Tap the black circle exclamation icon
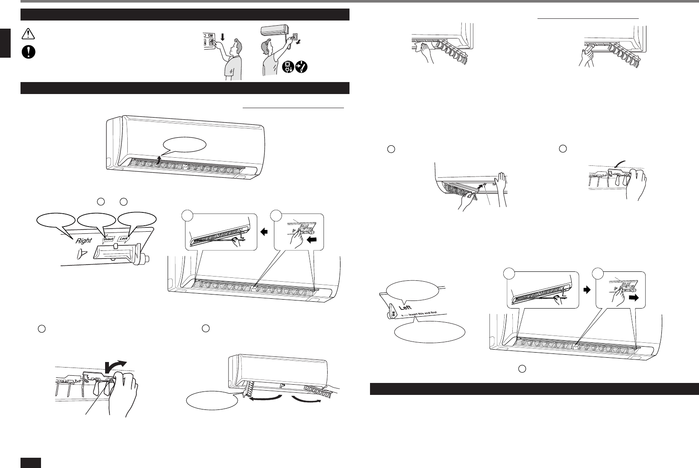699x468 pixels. [28, 51]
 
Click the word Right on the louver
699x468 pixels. [84, 240]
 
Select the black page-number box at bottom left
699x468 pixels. [31, 462]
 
